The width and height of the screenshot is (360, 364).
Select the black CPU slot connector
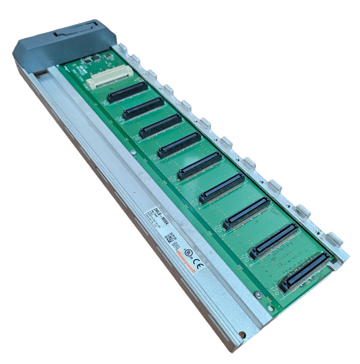pos(128,92)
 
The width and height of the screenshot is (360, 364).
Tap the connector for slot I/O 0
pos(144,108)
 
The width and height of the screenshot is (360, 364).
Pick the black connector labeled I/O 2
pos(179,145)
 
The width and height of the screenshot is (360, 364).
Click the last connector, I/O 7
pos(304,271)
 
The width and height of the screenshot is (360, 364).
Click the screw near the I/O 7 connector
pos(258,294)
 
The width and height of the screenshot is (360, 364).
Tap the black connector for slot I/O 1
pos(161,126)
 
